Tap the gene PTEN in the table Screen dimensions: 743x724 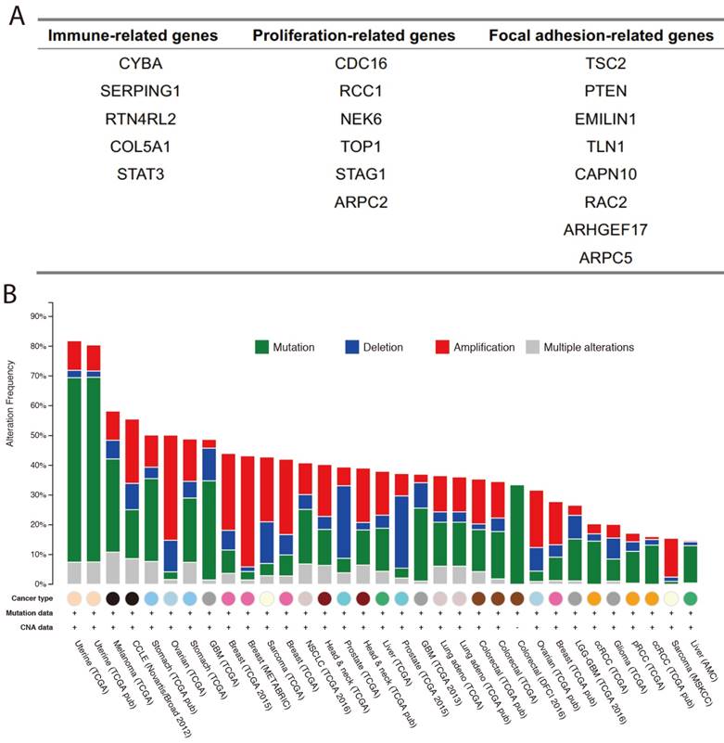pos(606,91)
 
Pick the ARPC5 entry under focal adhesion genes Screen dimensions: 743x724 pos(606,256)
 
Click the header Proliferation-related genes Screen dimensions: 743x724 pos(354,36)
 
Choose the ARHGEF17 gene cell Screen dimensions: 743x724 pos(606,228)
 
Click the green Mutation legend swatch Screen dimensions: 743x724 pos(263,347)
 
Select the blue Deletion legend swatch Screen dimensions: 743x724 pos(354,347)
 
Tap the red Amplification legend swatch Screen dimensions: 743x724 pos(444,347)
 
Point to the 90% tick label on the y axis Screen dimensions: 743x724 pos(36,316)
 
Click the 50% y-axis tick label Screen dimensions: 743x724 pos(36,435)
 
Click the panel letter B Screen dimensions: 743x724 pos(12,294)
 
